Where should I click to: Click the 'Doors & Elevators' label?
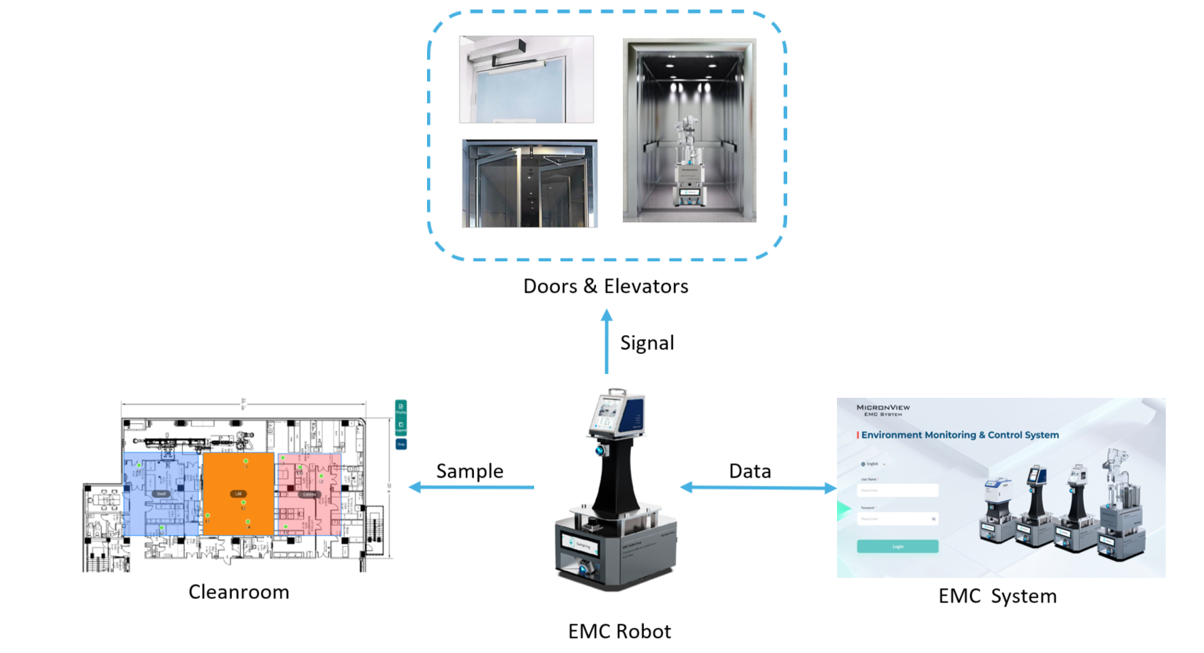tap(605, 287)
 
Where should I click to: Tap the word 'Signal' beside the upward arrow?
tap(647, 343)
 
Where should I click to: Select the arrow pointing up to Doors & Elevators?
tap(606, 342)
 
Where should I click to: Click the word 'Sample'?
tap(469, 471)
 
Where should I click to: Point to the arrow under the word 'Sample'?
tap(471, 487)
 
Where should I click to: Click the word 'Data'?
tap(750, 471)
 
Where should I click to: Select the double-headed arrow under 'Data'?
tap(758, 487)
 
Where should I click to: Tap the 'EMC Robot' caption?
tap(619, 631)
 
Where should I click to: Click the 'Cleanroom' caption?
tap(239, 592)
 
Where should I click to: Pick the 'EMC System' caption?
tap(997, 596)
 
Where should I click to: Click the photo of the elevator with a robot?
tap(689, 130)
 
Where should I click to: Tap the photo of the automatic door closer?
tap(526, 79)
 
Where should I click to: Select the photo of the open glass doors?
tap(529, 184)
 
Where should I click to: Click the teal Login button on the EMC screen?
tap(897, 547)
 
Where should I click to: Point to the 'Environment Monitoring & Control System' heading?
tap(960, 435)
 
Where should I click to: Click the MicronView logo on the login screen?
tap(883, 409)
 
